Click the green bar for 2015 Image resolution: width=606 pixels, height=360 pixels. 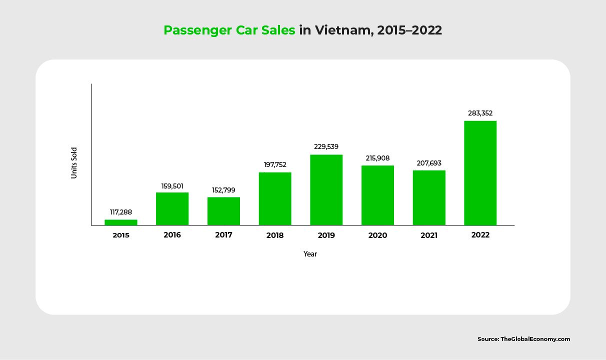pos(121,222)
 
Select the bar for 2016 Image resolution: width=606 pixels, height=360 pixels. pos(172,209)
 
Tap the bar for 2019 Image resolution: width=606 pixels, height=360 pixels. pos(326,190)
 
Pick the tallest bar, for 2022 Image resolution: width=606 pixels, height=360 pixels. pos(480,173)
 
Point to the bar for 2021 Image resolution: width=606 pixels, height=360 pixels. pos(429,198)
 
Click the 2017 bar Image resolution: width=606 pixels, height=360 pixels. pos(223,211)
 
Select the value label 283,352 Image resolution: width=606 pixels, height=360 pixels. pos(480,113)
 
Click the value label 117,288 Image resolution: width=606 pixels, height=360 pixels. pos(121,212)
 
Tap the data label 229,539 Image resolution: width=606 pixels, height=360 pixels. pos(326,147)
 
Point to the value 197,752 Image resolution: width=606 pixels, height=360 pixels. pos(275,164)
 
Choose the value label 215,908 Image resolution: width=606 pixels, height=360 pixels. pos(377,158)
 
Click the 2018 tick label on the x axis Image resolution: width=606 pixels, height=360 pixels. pos(275,235)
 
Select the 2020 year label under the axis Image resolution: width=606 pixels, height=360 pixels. pos(377,235)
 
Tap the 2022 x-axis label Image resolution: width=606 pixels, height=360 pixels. pos(480,234)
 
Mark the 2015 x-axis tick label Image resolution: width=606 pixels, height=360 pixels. pos(121,235)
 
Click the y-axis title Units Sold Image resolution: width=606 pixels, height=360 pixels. pos(74,162)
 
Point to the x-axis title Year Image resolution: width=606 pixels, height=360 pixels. pos(310,254)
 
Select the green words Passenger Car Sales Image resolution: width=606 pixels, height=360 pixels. pos(229,30)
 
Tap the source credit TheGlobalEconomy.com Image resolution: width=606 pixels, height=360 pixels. pos(535,339)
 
